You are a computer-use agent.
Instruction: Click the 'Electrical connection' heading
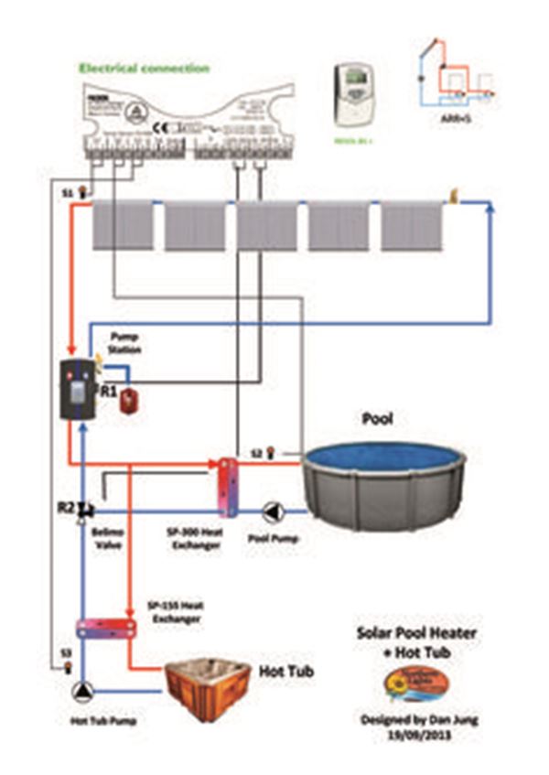tap(144, 68)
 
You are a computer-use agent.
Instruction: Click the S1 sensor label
tap(65, 193)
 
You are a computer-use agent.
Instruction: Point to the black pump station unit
tap(78, 389)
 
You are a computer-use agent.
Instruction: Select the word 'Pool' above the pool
tap(370, 419)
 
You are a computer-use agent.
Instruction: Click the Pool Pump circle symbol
tap(273, 511)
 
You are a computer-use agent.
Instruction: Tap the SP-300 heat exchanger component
tap(226, 486)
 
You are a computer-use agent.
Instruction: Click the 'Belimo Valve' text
tap(107, 538)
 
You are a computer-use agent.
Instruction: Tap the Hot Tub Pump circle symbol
tap(83, 692)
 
